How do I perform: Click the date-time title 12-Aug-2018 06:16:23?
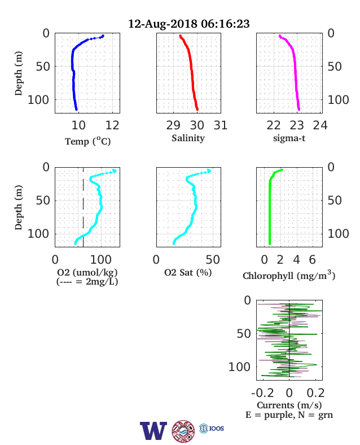(189, 24)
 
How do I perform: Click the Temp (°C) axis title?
(88, 141)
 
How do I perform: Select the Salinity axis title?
(188, 138)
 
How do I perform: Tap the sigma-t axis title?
(289, 138)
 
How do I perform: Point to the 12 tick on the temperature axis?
(112, 125)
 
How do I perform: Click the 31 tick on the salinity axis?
(221, 125)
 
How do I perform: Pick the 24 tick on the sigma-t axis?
(320, 125)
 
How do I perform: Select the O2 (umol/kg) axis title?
(87, 272)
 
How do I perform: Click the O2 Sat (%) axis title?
(188, 273)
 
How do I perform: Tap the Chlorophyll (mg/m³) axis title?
(289, 275)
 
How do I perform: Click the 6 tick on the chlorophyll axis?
(313, 260)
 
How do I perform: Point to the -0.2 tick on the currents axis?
(262, 393)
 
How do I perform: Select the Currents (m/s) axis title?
(289, 405)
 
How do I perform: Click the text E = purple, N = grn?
(289, 415)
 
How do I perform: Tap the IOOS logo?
(212, 428)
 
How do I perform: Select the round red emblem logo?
(183, 431)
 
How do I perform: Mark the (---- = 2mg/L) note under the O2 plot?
(87, 282)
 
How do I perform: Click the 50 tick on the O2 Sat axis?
(213, 260)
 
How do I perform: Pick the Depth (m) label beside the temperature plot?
(18, 73)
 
